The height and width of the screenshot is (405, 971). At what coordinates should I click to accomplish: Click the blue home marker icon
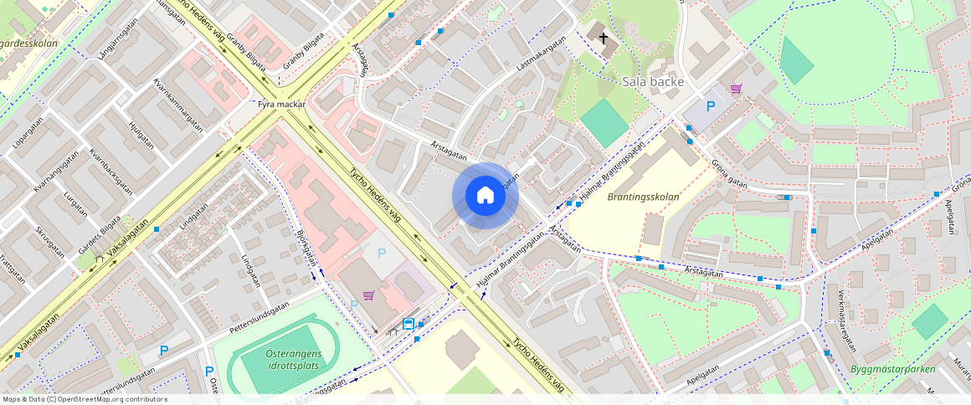point(485,196)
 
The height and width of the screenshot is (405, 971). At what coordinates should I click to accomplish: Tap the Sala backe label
point(654,82)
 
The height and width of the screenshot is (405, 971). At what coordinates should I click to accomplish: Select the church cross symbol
point(603,38)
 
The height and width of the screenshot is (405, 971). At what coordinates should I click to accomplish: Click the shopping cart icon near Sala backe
point(736,89)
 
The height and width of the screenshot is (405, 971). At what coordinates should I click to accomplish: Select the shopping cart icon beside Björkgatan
point(368,295)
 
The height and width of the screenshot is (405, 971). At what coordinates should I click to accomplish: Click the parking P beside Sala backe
point(711,106)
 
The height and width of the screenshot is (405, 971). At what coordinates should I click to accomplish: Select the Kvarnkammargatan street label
point(178,108)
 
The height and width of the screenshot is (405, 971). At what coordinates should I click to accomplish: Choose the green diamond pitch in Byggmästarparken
point(930,322)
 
